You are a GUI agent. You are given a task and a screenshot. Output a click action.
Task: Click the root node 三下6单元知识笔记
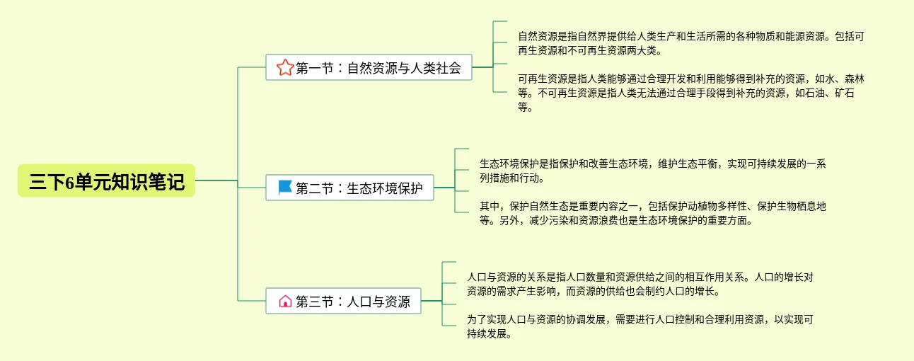click(x=107, y=181)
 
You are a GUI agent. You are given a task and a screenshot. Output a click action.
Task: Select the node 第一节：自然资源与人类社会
click(x=369, y=67)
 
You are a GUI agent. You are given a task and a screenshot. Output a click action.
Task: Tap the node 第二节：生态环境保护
click(x=349, y=188)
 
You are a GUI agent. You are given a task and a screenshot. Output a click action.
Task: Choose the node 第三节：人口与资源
click(x=343, y=302)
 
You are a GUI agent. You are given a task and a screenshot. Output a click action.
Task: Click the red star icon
click(x=284, y=68)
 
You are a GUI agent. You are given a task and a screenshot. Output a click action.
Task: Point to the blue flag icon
click(x=284, y=188)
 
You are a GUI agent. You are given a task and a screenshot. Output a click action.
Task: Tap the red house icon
click(x=284, y=302)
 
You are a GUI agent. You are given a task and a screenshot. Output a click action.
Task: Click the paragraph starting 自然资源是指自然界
click(x=690, y=43)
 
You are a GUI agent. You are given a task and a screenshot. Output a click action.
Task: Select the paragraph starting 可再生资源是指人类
click(x=690, y=93)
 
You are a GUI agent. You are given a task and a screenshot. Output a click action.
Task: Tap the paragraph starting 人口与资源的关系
click(x=640, y=284)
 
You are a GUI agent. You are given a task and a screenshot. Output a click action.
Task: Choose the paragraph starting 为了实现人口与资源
click(x=640, y=326)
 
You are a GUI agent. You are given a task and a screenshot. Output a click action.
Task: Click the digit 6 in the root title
click(x=70, y=182)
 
